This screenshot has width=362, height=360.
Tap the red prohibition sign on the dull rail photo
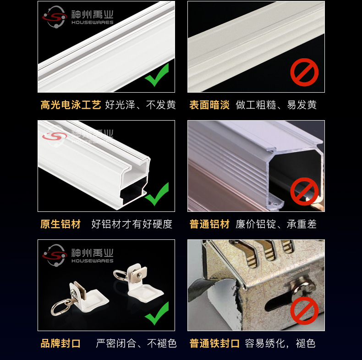point(304,72)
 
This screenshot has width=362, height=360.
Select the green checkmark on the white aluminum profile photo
point(157,194)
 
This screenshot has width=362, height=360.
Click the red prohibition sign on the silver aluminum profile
point(304,192)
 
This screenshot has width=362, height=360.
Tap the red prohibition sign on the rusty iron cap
point(304,310)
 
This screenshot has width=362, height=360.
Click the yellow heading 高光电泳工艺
point(71,105)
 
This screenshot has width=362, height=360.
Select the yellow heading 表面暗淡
point(209,105)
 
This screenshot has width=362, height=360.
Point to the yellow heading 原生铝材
point(60,224)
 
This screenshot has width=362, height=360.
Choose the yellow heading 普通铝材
point(209,224)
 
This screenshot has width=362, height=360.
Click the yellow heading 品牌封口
point(60,343)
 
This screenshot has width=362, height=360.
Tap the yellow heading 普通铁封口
point(214,343)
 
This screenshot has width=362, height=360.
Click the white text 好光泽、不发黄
point(140,105)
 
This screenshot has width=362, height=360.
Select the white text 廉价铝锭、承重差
point(276,224)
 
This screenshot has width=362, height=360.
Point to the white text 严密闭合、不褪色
point(136,343)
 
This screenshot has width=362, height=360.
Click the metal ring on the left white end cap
point(61,307)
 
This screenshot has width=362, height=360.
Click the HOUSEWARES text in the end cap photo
point(92,261)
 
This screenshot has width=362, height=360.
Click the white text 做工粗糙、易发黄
point(276,105)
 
